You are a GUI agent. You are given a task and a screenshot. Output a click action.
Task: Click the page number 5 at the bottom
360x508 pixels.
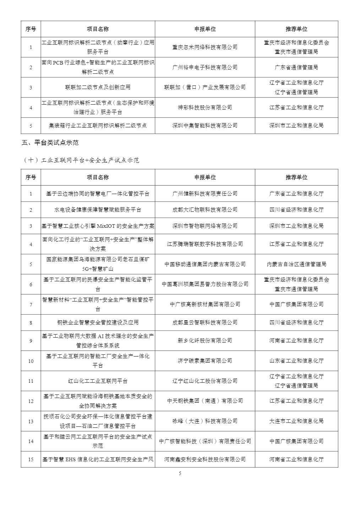point(180,473)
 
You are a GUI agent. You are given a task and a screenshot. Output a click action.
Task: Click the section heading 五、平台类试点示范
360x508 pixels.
point(50,143)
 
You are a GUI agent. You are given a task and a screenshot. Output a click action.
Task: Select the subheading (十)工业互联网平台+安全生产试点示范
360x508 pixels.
point(81,160)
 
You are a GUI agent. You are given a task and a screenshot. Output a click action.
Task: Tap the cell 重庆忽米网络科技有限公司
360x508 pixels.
point(205,47)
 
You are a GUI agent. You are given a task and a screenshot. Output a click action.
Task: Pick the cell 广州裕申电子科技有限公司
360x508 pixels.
point(205,67)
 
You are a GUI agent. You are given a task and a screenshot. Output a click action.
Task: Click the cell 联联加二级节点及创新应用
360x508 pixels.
point(98,87)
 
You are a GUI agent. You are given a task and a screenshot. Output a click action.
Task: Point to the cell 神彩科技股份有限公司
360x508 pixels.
point(205,107)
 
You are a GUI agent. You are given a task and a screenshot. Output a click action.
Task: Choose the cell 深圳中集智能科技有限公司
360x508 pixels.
point(205,126)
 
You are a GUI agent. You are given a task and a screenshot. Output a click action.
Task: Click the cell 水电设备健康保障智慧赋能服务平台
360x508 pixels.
point(98,210)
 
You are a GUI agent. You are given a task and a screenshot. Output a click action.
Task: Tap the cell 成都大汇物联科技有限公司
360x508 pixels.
point(205,210)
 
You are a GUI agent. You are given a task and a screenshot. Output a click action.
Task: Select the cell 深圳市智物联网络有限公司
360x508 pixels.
point(205,226)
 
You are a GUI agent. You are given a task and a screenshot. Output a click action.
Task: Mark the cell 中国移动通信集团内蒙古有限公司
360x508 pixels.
point(205,264)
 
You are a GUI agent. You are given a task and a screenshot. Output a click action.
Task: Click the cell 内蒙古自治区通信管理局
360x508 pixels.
point(296,264)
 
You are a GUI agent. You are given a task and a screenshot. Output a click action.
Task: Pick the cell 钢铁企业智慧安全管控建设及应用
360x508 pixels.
point(98,322)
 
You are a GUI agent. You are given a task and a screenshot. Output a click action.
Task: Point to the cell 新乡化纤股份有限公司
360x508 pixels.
point(205,341)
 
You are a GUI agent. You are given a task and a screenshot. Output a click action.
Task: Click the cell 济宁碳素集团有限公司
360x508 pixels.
point(205,361)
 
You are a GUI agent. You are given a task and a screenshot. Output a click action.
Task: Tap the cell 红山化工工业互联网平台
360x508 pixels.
point(98,381)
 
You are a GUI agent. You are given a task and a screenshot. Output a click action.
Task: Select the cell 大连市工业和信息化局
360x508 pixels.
point(296,421)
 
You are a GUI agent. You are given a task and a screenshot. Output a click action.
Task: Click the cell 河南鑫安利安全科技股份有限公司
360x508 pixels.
point(205,459)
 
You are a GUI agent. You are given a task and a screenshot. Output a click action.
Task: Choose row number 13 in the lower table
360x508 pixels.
point(31,421)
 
